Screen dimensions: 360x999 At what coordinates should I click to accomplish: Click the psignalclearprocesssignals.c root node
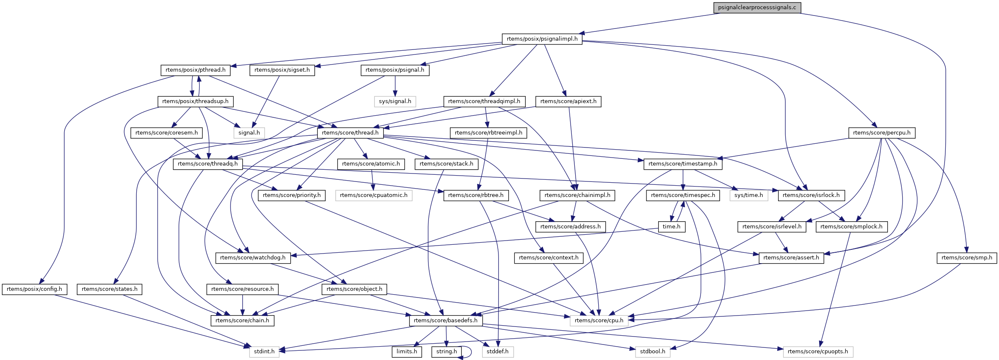[757, 8]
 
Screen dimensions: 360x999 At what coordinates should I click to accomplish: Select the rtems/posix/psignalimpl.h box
[542, 39]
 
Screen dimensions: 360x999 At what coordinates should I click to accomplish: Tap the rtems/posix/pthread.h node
[195, 70]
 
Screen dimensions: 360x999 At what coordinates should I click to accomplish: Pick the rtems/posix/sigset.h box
[282, 70]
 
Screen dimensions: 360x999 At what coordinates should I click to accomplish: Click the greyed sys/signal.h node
[395, 101]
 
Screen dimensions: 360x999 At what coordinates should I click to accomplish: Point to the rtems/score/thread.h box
[350, 133]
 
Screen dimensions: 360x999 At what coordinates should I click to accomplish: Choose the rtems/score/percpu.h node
[882, 133]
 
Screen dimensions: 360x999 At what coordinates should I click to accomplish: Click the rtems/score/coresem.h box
[166, 133]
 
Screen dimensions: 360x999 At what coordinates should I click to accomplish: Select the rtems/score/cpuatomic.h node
[374, 195]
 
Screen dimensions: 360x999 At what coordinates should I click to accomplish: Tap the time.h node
[671, 227]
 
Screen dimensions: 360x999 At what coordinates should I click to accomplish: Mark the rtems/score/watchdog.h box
[253, 258]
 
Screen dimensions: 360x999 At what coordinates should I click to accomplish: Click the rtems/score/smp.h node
[967, 258]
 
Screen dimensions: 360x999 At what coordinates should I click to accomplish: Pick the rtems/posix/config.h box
[34, 289]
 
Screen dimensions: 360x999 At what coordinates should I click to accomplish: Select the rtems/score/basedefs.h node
[446, 321]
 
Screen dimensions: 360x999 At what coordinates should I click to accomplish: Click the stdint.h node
[264, 352]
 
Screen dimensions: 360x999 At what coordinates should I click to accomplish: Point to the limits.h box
[407, 352]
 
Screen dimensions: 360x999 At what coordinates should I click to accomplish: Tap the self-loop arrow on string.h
[471, 352]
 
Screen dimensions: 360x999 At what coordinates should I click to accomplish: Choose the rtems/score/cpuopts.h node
[817, 352]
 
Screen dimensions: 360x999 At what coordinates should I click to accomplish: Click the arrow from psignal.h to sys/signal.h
[394, 86]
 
